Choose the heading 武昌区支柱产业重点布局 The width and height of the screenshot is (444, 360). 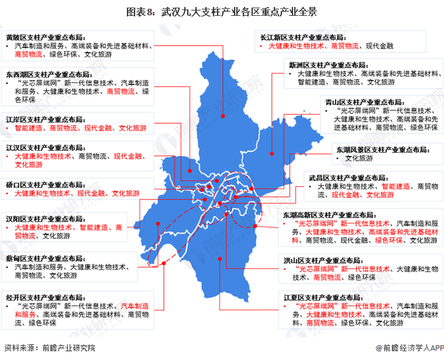pyautogui.click(x=349, y=178)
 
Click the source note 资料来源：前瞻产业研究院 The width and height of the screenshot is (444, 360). pyautogui.click(x=49, y=348)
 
